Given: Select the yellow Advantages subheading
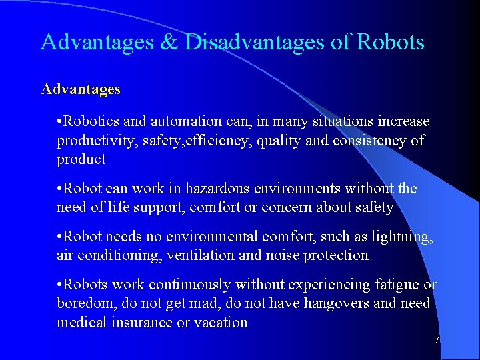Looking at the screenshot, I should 81,89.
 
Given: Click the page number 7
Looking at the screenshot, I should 436,341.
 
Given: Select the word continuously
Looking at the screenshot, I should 191,285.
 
